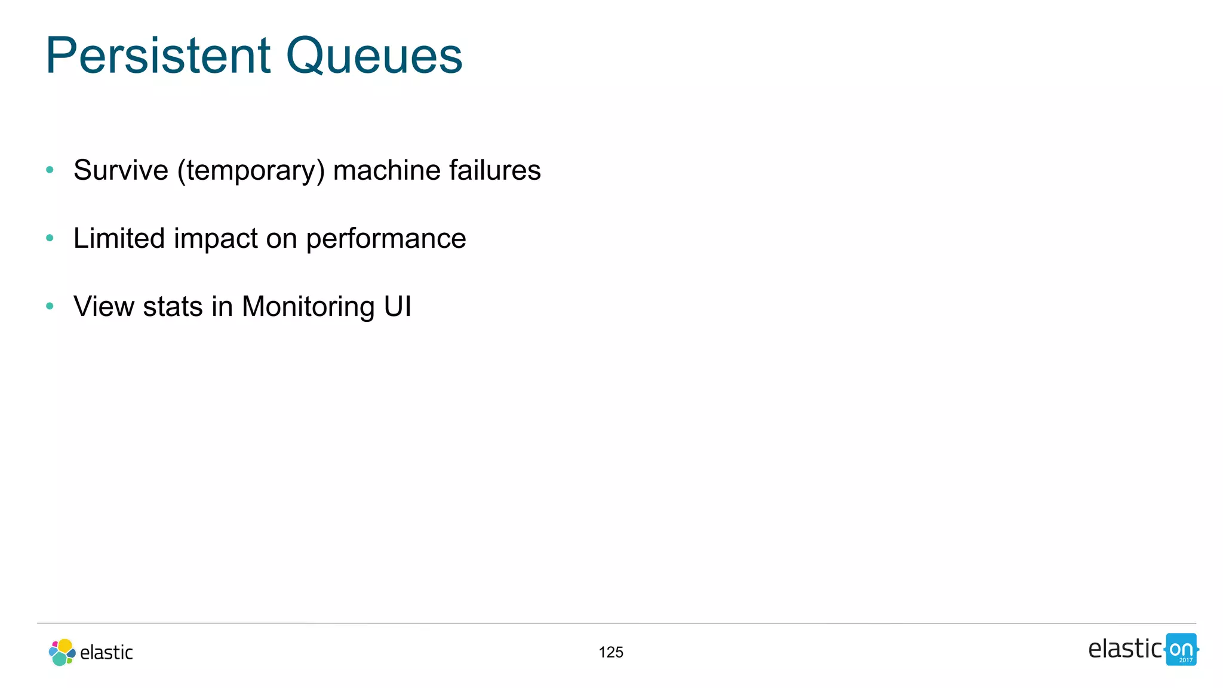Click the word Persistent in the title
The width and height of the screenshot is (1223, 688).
158,56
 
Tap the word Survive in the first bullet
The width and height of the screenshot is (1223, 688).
121,170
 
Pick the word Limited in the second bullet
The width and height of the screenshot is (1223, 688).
119,238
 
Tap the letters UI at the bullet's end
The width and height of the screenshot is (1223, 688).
397,306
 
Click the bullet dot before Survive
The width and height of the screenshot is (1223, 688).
50,170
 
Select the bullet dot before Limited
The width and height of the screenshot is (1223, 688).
50,238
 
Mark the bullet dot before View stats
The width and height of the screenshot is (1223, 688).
50,306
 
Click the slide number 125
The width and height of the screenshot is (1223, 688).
611,652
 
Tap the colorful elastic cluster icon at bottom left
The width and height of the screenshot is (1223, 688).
62,652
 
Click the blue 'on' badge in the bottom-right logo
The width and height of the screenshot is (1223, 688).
1181,649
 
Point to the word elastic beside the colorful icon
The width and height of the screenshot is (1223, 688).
106,653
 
